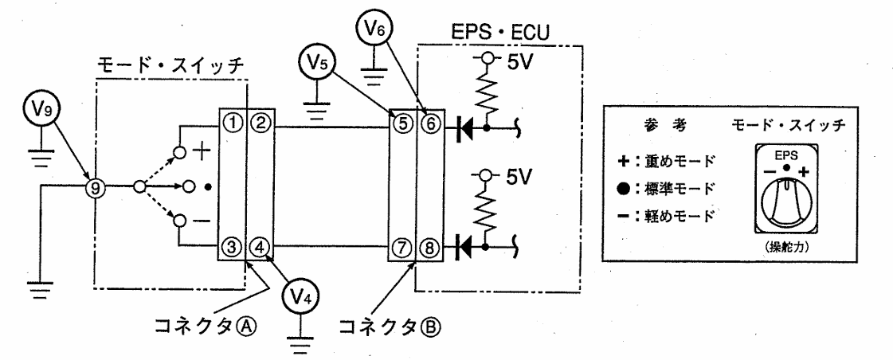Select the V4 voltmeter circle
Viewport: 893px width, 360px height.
point(300,297)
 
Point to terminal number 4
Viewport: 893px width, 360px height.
point(260,248)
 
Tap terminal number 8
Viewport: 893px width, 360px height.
point(430,248)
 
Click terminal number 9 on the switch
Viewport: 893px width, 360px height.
point(95,186)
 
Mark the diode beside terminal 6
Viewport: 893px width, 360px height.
point(464,127)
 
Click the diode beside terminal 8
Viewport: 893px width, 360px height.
point(464,247)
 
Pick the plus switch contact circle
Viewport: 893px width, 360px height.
point(180,153)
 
